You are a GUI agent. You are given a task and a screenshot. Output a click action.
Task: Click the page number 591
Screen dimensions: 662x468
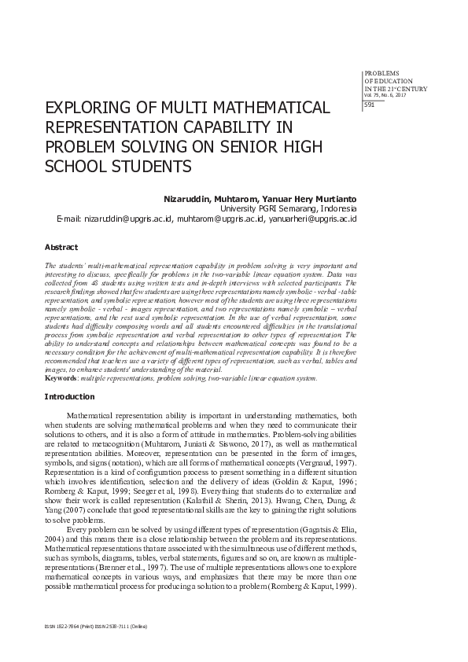370,105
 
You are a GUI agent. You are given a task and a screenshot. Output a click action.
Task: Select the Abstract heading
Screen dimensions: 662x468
61,247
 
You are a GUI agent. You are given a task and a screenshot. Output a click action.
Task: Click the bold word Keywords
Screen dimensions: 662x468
61,378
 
